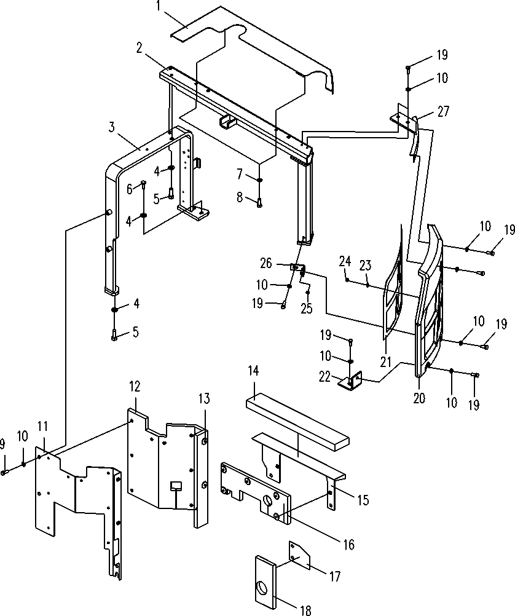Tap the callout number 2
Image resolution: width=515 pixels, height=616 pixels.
point(140,49)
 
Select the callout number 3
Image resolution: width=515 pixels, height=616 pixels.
point(112,127)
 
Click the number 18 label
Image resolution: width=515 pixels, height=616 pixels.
point(305,610)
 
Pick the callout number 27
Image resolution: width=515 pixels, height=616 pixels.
point(444,111)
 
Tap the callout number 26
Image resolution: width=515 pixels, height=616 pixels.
point(266,263)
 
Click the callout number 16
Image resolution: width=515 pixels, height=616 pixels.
point(348,545)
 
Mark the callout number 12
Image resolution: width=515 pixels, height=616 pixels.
point(135,387)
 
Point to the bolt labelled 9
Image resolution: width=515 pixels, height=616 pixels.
point(4,473)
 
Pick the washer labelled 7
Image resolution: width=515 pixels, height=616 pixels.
point(260,180)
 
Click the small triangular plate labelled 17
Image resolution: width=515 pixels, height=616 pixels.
point(300,555)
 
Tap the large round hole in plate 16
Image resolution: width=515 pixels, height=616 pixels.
point(268,500)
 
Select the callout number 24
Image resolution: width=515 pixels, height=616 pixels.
point(345,262)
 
